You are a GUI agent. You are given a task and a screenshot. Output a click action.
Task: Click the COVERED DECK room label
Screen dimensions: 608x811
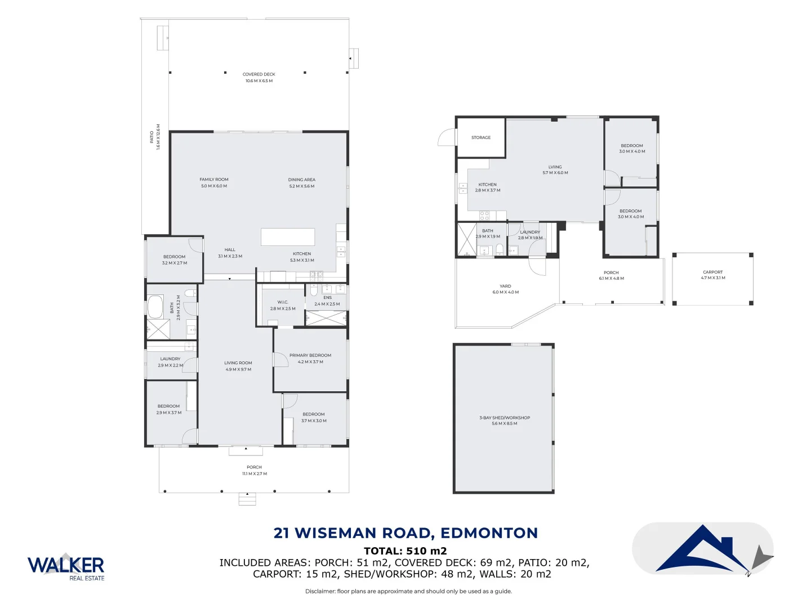click(x=259, y=74)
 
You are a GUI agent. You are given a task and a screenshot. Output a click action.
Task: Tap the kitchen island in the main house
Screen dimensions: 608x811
click(x=287, y=237)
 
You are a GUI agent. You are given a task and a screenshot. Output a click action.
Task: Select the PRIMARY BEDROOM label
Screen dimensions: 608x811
click(x=310, y=355)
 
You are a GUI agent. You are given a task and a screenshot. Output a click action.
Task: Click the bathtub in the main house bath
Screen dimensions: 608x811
click(x=155, y=307)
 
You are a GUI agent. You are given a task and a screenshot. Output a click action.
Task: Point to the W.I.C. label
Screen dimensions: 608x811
click(x=283, y=302)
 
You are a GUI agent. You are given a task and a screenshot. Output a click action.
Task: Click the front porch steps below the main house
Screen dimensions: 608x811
click(x=247, y=499)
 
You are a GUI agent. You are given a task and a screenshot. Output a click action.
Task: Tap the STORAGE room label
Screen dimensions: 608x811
click(x=481, y=137)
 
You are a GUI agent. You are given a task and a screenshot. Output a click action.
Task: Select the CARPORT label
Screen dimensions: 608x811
click(x=712, y=272)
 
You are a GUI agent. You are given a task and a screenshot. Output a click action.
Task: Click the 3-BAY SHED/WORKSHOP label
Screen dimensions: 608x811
click(x=505, y=418)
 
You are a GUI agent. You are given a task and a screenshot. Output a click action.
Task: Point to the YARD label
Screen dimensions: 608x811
click(x=505, y=286)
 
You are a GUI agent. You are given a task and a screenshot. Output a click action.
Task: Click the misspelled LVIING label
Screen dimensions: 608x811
click(x=555, y=167)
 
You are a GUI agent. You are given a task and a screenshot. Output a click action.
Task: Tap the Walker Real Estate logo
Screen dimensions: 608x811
click(x=66, y=566)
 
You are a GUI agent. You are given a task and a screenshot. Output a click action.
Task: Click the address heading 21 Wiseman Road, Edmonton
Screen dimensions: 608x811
click(x=405, y=533)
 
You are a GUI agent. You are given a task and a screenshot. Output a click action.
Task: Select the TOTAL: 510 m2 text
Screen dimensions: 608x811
click(x=405, y=551)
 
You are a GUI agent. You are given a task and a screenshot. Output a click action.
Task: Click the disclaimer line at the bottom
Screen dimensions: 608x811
click(x=408, y=591)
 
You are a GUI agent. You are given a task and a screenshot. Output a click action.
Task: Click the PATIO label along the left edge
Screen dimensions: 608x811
click(x=152, y=137)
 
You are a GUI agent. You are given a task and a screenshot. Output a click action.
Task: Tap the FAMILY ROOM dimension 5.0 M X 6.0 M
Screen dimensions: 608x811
click(x=214, y=186)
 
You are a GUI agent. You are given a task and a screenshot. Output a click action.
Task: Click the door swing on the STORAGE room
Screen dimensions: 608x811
click(x=447, y=137)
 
